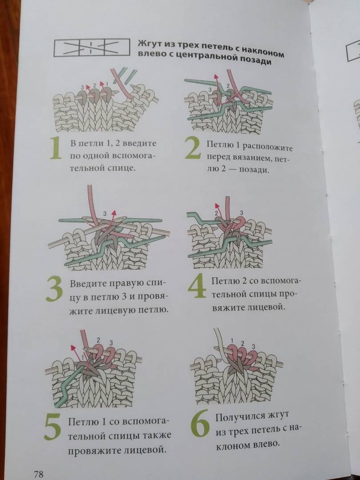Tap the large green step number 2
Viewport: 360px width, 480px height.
click(193, 148)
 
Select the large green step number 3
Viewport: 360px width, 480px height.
click(55, 290)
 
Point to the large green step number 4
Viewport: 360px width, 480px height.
click(197, 286)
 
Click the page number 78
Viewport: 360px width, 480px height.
click(39, 474)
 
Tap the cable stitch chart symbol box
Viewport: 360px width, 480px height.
click(92, 48)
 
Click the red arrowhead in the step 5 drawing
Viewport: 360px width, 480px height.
click(73, 347)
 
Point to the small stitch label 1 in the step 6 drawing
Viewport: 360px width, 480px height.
click(232, 340)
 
